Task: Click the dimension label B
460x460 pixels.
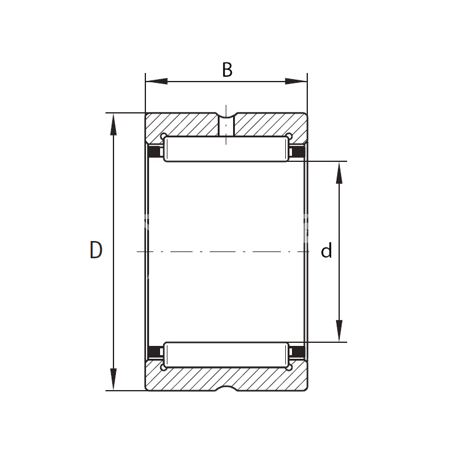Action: click(228, 70)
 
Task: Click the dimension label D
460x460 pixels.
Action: click(96, 250)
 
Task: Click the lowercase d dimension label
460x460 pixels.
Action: click(326, 251)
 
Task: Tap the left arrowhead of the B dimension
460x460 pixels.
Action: click(156, 81)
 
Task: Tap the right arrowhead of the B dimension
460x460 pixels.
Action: click(296, 81)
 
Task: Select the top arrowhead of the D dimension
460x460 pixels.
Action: click(113, 124)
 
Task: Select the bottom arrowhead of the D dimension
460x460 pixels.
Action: click(113, 379)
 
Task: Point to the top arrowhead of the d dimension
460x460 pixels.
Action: click(339, 172)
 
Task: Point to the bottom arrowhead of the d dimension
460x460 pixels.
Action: click(339, 331)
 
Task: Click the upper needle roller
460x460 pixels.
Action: click(226, 149)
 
